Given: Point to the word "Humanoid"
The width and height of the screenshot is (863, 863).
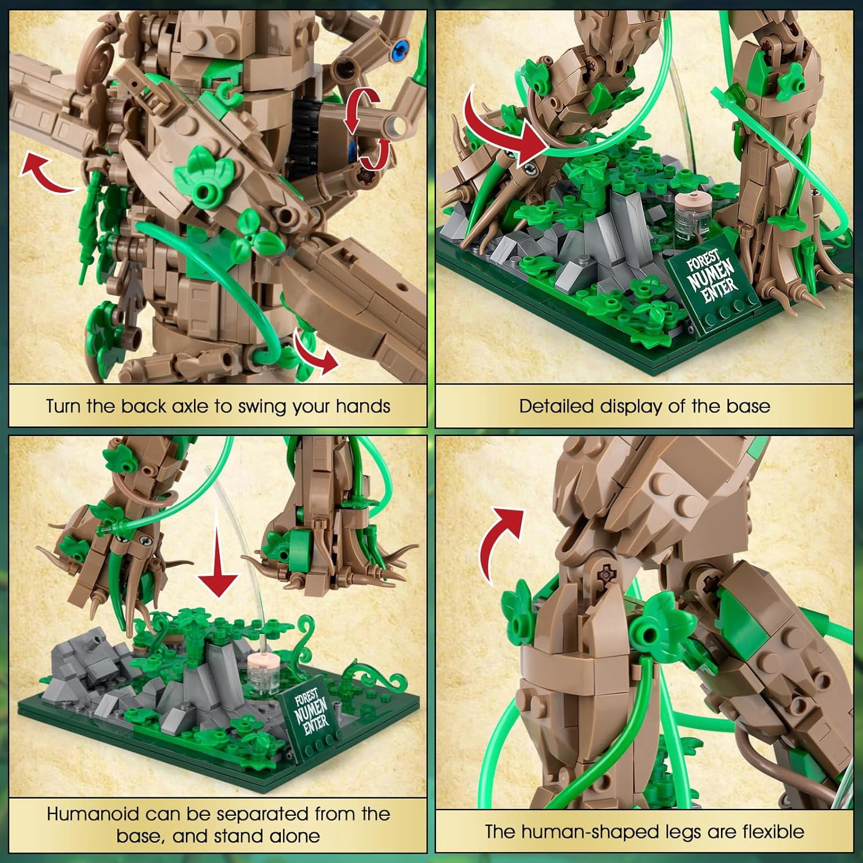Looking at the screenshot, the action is click(93, 814).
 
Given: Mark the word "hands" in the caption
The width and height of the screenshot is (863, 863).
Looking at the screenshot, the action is click(363, 406).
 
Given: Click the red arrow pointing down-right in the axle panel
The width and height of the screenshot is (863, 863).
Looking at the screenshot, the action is click(314, 352).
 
